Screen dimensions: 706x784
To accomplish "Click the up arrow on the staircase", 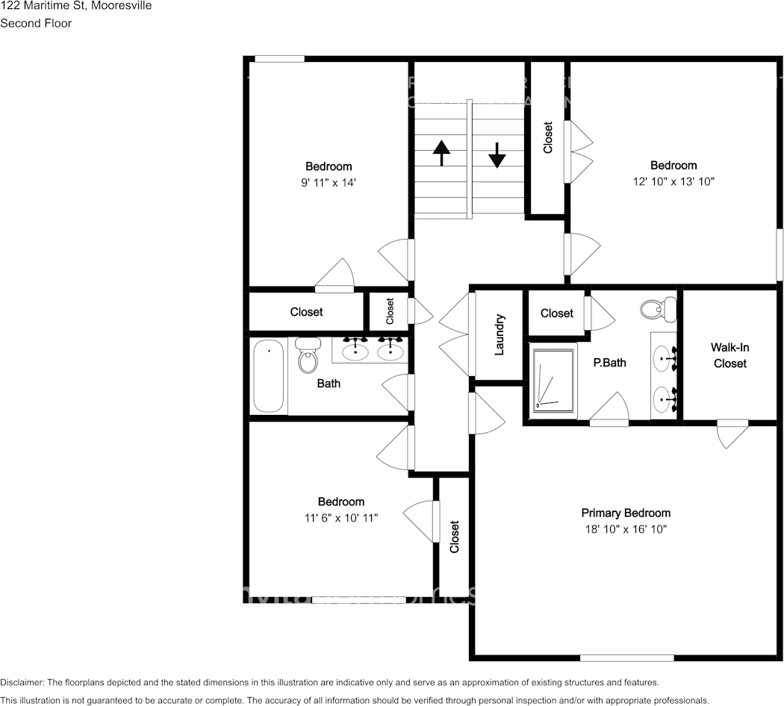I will (441, 152).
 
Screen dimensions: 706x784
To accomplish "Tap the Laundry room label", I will (500, 334).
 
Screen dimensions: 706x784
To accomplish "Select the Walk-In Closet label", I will (729, 355).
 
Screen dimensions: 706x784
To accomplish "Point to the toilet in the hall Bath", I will (307, 356).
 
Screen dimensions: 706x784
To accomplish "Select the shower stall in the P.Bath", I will (553, 380).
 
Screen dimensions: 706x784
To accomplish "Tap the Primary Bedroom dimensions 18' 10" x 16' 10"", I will (626, 529).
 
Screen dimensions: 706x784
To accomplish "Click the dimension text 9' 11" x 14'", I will (328, 182).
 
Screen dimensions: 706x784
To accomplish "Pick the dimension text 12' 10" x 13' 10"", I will (673, 181).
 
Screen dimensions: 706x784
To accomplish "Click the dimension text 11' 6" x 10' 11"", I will (340, 517).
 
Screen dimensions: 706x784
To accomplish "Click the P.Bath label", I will (609, 363).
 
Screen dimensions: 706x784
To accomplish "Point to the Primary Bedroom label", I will (626, 513).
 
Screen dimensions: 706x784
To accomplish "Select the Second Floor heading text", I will (36, 23).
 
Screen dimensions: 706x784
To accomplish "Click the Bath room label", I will (329, 383).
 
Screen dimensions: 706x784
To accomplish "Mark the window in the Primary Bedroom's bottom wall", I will (626, 657).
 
